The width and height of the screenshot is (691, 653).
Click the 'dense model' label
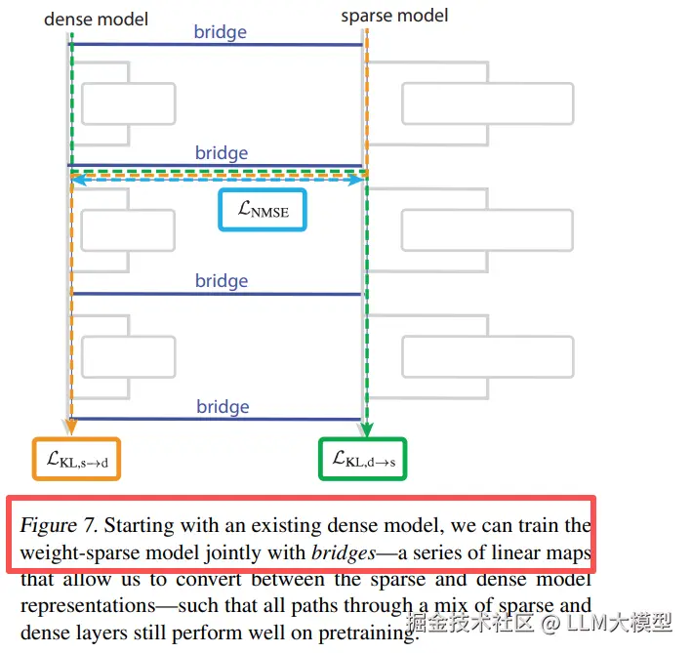(x=97, y=19)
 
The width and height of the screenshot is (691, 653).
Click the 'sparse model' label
(x=394, y=16)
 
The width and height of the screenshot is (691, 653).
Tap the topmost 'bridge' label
(x=221, y=32)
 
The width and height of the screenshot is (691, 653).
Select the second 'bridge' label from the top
(x=222, y=153)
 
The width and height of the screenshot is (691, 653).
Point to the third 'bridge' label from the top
(x=222, y=281)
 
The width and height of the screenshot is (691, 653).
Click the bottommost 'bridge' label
(x=223, y=407)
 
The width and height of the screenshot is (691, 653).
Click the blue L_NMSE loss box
(x=262, y=208)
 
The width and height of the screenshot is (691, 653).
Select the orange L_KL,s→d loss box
(x=76, y=459)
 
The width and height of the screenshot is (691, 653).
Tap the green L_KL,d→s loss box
(x=363, y=459)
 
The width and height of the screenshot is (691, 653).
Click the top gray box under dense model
(x=128, y=103)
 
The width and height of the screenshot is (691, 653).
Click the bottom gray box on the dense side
(x=128, y=357)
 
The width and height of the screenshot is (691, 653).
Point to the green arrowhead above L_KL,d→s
(x=365, y=429)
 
